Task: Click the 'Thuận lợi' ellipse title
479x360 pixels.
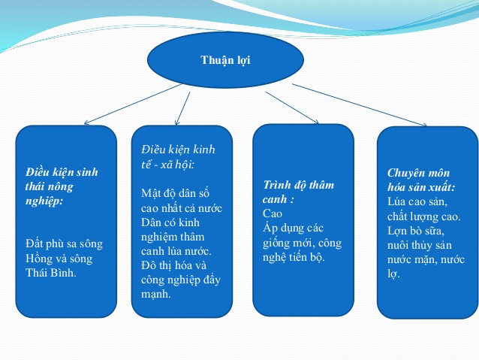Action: (226, 60)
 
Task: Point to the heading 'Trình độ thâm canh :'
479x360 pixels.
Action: (298, 191)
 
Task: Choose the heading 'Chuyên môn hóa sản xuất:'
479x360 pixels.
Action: (421, 180)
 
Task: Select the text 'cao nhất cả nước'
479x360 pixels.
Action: (182, 208)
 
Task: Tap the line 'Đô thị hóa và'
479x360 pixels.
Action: (173, 265)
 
